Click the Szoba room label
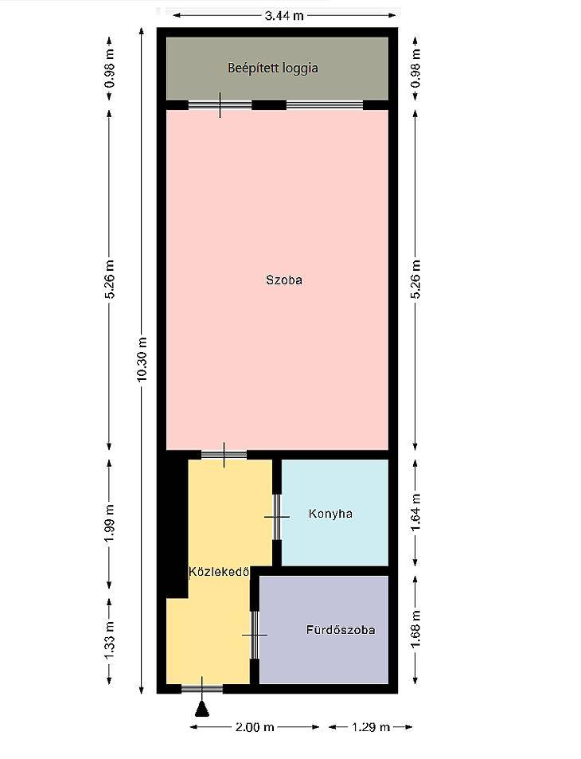(284, 280)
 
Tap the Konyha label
(330, 514)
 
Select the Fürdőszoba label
(341, 630)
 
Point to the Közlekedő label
(219, 572)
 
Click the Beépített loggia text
(273, 68)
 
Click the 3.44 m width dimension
(284, 15)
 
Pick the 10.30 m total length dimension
(142, 358)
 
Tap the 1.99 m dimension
(110, 523)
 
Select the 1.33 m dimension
(110, 640)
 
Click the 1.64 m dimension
(415, 512)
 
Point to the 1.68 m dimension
(415, 629)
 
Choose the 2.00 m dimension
(255, 727)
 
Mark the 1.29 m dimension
(371, 727)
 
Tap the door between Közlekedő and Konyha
(277, 517)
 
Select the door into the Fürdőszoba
(255, 635)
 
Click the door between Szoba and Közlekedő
(224, 455)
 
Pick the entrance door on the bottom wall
(202, 689)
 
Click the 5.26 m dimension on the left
(110, 280)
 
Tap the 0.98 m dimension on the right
(415, 68)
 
